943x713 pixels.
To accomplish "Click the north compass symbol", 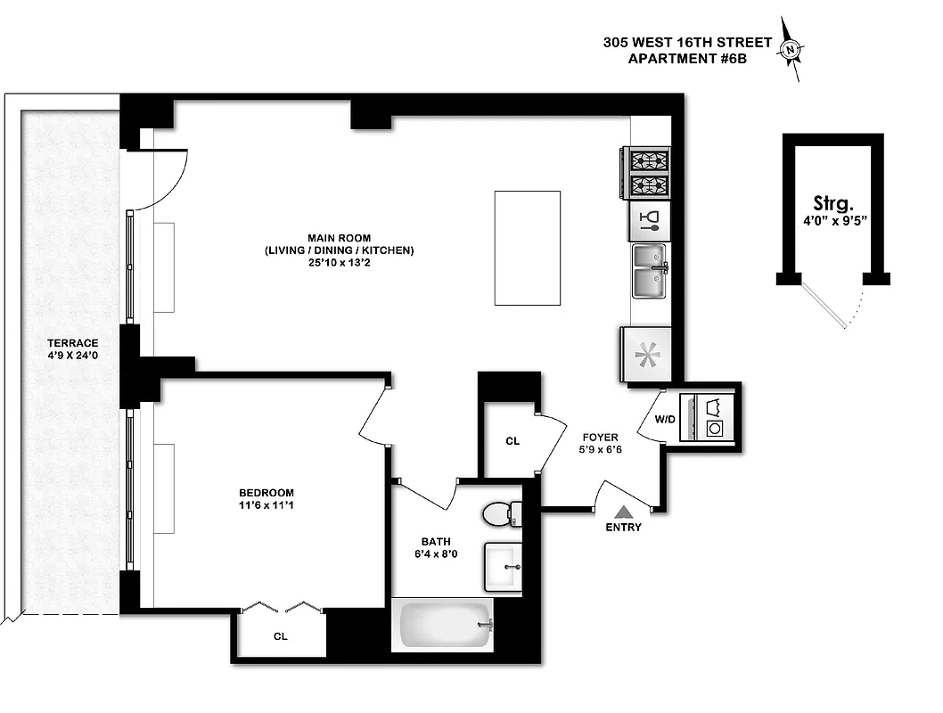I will point(791,50).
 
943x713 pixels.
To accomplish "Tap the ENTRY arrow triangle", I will point(624,512).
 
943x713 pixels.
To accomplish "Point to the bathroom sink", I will point(504,566).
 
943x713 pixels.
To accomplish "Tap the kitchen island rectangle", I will point(528,248).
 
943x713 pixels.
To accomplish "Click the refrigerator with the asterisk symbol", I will point(645,354).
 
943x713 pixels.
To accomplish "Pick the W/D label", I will point(664,419).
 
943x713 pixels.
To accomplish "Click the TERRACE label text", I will point(73,343).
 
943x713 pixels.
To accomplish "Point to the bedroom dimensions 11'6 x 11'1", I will point(266,506).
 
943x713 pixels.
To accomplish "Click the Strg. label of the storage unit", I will point(834,202).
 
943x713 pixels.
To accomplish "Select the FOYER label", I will point(601,438).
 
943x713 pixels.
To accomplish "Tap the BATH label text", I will point(436,542).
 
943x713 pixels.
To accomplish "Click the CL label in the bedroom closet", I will point(280,636).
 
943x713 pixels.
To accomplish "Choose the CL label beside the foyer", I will point(512,441).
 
